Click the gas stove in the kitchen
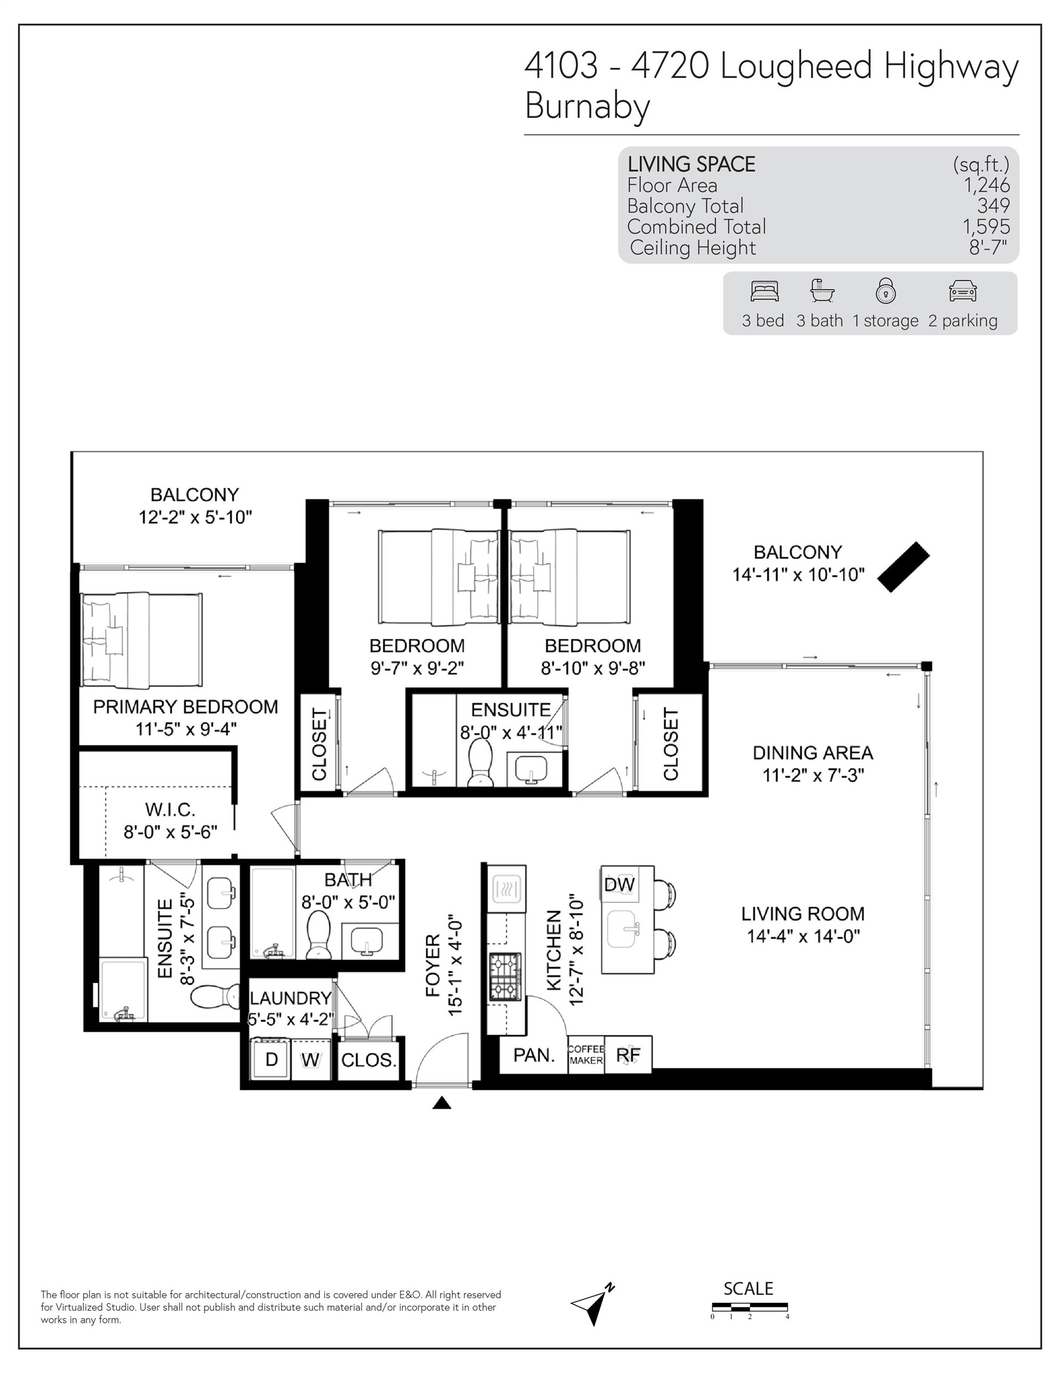pos(505,977)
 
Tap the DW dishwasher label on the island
pos(619,884)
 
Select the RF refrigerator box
pos(628,1054)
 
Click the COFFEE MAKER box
pos(585,1054)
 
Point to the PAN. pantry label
pos(534,1055)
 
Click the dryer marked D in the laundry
pos(271,1060)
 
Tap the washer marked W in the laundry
pos(310,1060)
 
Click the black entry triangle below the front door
pos(442,1102)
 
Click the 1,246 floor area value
pos(987,185)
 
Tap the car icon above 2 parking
pos(962,291)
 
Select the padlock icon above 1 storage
pos(886,290)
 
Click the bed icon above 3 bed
pos(764,290)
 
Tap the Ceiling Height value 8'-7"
pos(988,248)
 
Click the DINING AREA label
pos(812,753)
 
